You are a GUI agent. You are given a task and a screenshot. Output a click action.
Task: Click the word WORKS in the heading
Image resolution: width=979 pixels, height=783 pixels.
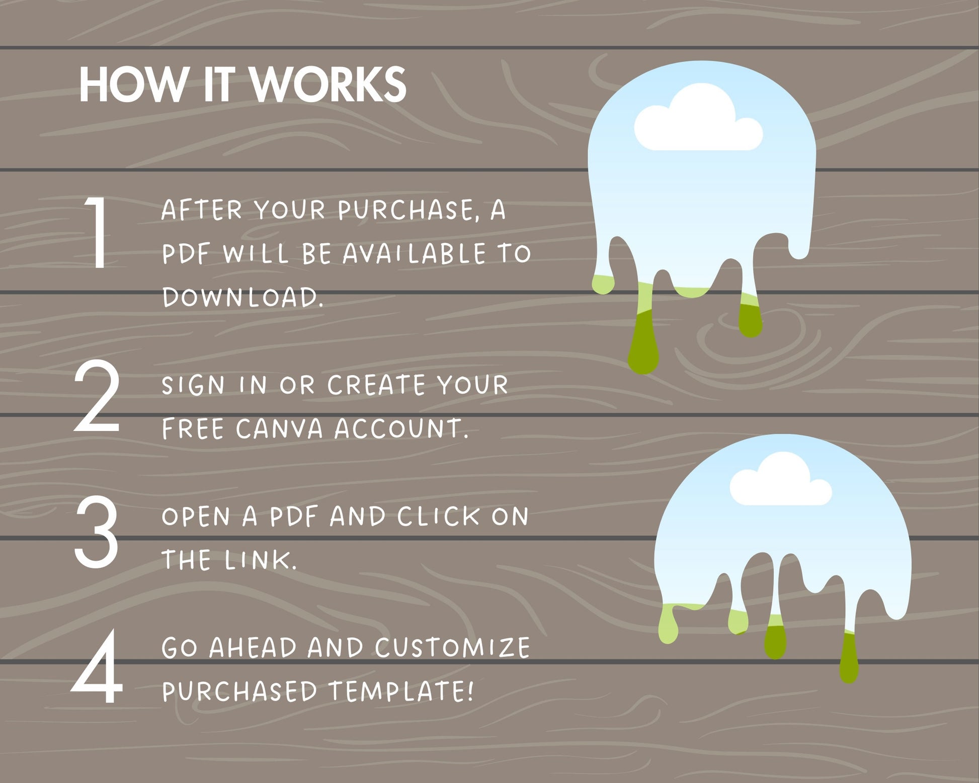(329, 84)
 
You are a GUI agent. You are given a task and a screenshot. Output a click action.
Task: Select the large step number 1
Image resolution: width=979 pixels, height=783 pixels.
(97, 232)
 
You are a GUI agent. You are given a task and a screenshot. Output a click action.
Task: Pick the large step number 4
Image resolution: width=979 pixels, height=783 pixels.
(97, 667)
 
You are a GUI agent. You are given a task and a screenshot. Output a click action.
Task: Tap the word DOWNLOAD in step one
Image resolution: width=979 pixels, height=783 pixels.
(242, 297)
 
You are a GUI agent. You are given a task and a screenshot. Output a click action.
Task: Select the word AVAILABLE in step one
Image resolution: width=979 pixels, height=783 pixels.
(414, 253)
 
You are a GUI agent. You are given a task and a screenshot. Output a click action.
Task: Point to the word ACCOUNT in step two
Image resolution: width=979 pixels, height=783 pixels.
(401, 428)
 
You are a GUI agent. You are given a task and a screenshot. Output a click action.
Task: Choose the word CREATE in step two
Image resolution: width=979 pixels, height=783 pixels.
(376, 385)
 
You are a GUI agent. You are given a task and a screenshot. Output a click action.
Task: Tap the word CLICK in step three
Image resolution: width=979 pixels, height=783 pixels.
(438, 516)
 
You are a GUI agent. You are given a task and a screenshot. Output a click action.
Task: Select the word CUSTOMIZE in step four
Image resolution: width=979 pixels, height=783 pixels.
(452, 647)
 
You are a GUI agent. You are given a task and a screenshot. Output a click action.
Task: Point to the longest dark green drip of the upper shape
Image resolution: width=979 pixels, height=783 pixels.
(643, 342)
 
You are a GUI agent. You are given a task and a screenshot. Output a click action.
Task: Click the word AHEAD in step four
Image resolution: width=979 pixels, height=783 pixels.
(253, 647)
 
